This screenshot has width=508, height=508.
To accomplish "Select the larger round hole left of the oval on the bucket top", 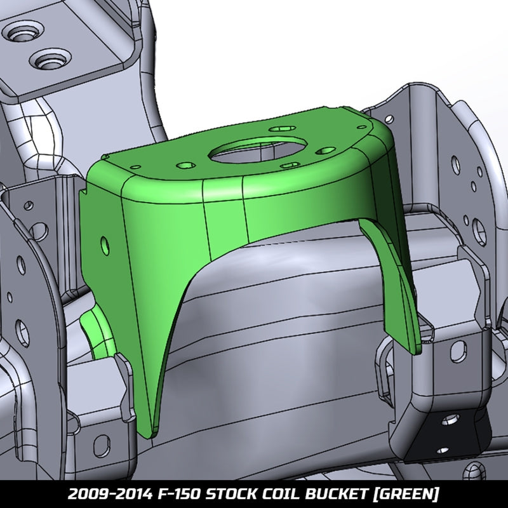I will click(185, 164).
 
